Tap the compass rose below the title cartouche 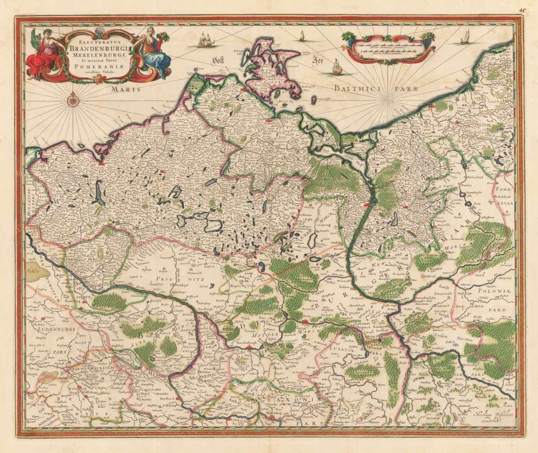click(x=72, y=98)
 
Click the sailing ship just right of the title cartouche click(x=204, y=39)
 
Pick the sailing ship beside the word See click(x=337, y=67)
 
